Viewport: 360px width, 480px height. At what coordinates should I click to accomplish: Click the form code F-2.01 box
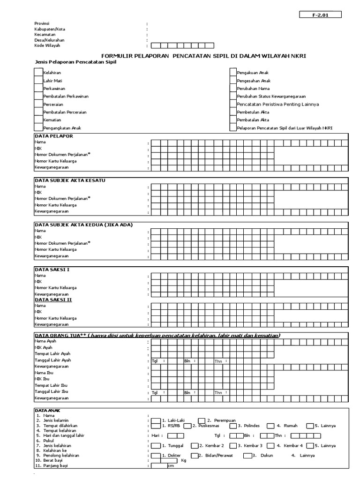click(x=321, y=15)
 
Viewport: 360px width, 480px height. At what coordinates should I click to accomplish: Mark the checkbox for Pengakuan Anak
click(x=233, y=73)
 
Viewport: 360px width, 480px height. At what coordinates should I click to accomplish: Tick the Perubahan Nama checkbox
click(x=233, y=89)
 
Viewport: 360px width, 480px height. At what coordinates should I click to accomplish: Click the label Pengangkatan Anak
click(x=62, y=128)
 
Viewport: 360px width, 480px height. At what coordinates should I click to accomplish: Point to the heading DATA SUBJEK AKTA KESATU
click(x=70, y=180)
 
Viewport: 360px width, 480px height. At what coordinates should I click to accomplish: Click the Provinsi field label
click(x=42, y=23)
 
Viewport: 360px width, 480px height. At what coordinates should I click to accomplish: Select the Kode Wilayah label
click(x=47, y=45)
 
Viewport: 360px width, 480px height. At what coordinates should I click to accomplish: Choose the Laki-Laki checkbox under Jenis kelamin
click(x=155, y=420)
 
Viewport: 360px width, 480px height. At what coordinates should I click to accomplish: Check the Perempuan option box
click(x=202, y=420)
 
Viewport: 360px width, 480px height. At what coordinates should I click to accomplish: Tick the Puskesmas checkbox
click(x=187, y=426)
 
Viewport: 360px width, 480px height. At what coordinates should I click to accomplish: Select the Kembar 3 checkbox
click(x=233, y=445)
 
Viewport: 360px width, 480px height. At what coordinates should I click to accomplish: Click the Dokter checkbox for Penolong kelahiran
click(x=155, y=455)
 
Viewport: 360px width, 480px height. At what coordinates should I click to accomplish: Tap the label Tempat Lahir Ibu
click(x=51, y=385)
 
